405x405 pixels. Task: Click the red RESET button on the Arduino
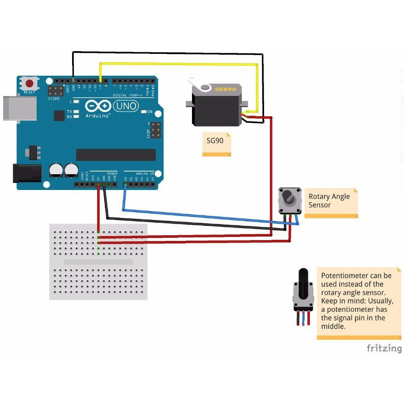[x=29, y=84]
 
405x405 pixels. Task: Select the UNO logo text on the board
[x=126, y=106]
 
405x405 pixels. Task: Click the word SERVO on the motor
[x=225, y=89]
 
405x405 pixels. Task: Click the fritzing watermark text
[x=384, y=348]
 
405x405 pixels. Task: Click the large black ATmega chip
[x=116, y=155]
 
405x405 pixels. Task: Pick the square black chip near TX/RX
[x=59, y=115]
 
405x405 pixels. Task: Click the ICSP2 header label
[x=53, y=98]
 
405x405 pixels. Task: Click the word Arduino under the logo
[x=98, y=116]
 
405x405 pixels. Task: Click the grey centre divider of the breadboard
[x=98, y=262]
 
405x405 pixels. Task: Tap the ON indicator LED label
[x=150, y=112]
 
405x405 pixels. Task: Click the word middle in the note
[x=333, y=326]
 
